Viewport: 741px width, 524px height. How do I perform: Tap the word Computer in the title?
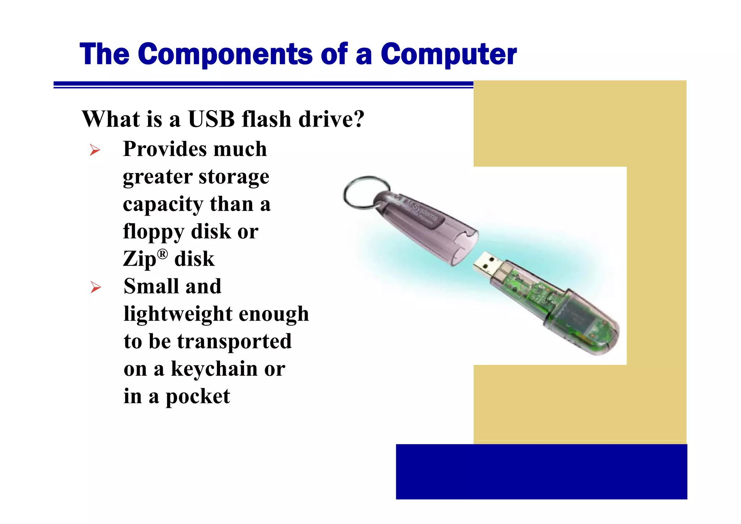click(449, 54)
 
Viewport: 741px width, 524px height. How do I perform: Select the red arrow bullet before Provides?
click(95, 150)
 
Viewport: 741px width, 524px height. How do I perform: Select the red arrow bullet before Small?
click(96, 287)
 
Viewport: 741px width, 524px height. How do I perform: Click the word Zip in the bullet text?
click(139, 259)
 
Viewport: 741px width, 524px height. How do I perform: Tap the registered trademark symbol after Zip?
click(163, 254)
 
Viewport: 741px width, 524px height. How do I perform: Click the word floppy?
click(153, 232)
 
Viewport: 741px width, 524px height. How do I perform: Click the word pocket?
click(198, 397)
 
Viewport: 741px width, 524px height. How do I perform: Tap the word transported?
click(234, 342)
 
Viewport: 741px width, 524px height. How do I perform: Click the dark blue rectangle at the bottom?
click(541, 472)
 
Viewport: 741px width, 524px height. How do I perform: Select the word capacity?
click(163, 204)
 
